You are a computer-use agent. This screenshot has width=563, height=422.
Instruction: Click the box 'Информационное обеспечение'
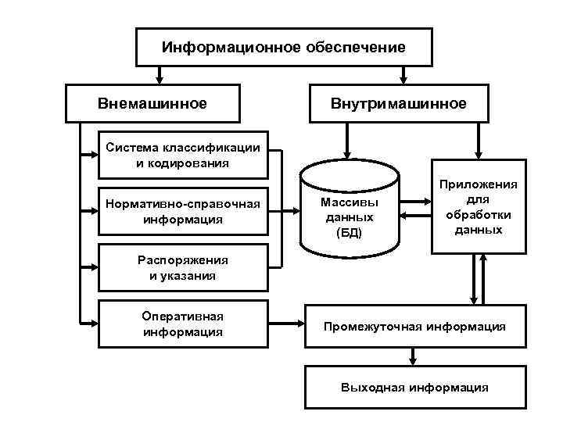[284, 48]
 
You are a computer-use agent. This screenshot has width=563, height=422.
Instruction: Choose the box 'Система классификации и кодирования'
[183, 156]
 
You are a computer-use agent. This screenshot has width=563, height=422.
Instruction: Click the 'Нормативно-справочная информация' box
[183, 212]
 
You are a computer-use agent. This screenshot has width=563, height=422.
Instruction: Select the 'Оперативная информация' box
[183, 324]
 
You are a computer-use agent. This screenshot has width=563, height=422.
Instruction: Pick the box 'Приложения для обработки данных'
[478, 207]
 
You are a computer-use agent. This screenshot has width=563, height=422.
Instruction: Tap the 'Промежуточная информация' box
[414, 325]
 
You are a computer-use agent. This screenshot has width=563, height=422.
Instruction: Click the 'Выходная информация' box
[414, 388]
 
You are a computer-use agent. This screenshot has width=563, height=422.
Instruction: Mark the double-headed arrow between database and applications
[415, 208]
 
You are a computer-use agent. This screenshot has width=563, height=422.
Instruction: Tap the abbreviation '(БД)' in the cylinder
[349, 233]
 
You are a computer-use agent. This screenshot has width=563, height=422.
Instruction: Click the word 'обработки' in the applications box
[478, 215]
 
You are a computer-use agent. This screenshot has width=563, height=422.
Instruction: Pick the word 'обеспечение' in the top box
[356, 48]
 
